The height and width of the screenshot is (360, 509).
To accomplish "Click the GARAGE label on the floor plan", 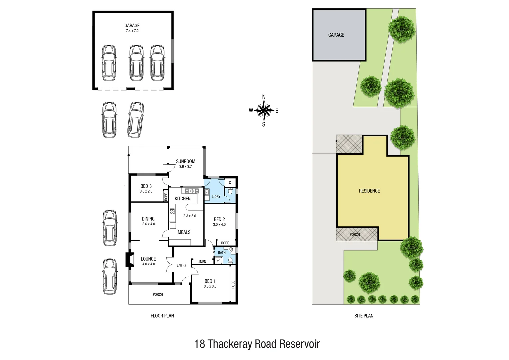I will pos(132,26).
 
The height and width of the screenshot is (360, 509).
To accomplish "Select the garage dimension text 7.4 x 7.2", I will pos(132,31).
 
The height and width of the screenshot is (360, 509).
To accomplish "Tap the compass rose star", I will pos(264,110).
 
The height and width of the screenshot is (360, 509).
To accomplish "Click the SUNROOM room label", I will pos(186,161).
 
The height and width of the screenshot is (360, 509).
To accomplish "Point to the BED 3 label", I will pos(146,186).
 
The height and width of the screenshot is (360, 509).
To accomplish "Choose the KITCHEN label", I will pos(183,199).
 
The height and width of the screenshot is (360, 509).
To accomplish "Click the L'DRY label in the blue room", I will pos(216,197).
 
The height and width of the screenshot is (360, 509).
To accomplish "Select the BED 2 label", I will pos(219,219).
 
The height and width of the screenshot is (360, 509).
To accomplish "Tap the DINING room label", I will pos(148,219).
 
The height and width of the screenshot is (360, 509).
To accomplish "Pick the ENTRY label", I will pos(181,265).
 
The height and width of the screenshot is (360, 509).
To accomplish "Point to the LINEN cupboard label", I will pos(202,262).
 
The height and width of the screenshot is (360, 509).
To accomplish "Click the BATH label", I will pos(222,253).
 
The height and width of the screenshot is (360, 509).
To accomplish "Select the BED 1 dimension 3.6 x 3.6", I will pos(210,286).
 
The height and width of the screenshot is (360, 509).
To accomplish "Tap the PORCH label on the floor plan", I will pos(158,295).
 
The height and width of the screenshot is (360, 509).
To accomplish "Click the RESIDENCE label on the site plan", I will pos(369,191).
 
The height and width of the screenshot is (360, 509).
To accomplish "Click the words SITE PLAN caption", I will pos(364,316).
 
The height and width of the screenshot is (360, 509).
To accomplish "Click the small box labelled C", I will pos(230,183).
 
